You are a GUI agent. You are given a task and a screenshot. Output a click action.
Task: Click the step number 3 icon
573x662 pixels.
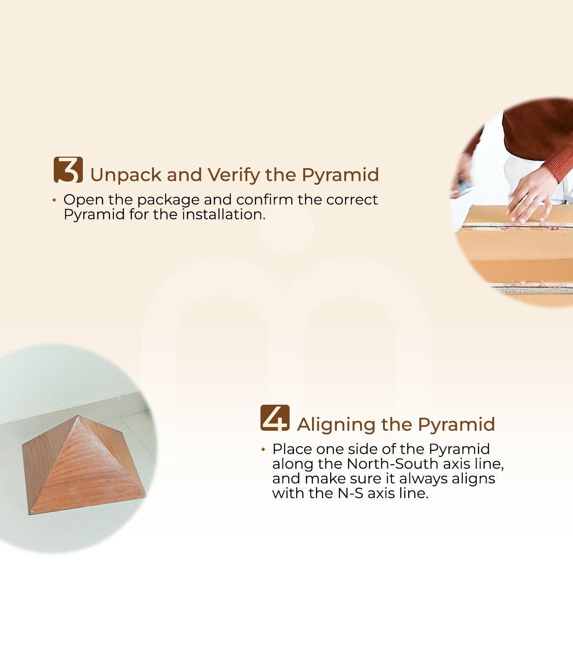pos(68,170)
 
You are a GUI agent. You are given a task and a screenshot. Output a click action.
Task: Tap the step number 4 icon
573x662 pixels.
pos(275,418)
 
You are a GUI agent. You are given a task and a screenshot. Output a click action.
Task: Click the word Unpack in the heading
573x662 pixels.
pos(126,175)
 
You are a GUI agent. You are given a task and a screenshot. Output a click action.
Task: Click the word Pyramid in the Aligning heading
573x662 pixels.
pos(457,425)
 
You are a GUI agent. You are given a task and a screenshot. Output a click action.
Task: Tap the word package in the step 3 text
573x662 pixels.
pos(168,200)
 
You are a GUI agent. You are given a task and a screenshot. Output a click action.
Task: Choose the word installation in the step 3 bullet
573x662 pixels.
pos(223,214)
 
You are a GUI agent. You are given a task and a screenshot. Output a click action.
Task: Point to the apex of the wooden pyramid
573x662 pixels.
pos(79,416)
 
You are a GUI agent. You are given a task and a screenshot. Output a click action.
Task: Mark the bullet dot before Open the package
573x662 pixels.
pos(54,200)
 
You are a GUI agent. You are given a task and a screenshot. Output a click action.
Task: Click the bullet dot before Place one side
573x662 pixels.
pos(263,449)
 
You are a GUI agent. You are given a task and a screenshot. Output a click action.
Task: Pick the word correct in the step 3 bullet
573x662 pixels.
pos(352,200)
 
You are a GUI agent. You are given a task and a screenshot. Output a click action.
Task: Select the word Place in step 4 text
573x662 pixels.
pos(292,449)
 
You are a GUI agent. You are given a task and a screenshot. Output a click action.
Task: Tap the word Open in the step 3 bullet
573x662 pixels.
pos(84,200)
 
